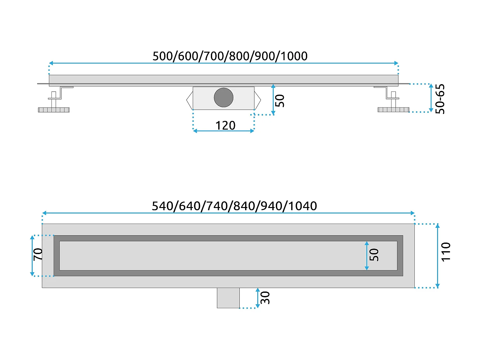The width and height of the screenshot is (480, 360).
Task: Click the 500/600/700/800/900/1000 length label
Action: click(x=230, y=56)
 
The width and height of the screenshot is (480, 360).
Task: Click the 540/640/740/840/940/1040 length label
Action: click(x=234, y=206)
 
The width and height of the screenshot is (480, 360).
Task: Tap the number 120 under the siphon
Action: click(x=225, y=125)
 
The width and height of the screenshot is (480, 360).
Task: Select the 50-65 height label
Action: click(x=440, y=99)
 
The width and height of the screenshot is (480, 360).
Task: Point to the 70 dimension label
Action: click(x=38, y=254)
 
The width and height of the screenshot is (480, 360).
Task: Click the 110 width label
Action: click(x=446, y=252)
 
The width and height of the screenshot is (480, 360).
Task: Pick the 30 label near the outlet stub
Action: click(x=265, y=298)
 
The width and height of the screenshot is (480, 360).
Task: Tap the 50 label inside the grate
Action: click(x=374, y=255)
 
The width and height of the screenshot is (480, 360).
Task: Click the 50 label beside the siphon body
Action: click(x=280, y=100)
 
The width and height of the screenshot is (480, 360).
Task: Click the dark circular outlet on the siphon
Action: click(x=223, y=98)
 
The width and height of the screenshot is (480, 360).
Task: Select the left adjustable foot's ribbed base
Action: click(x=54, y=110)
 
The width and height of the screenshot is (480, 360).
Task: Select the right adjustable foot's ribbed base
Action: click(x=393, y=110)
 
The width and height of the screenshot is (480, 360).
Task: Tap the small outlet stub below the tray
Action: click(x=228, y=298)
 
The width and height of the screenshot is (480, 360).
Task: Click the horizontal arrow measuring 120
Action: click(x=223, y=131)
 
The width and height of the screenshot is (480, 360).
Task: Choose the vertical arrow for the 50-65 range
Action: click(x=431, y=98)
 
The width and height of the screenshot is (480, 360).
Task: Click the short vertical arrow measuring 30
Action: click(x=258, y=298)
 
